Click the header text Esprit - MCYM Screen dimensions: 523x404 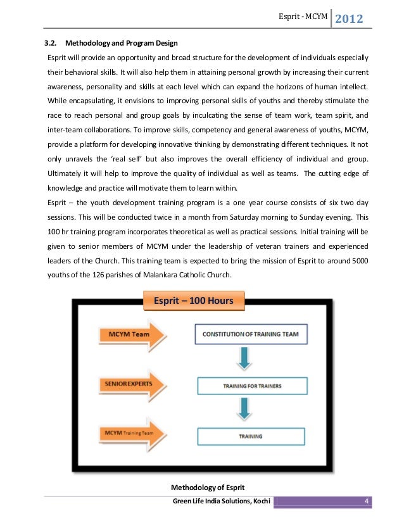click(303, 18)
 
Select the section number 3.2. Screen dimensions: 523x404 click(49, 44)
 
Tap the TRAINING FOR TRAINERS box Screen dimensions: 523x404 click(252, 385)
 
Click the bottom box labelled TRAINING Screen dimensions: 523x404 click(252, 436)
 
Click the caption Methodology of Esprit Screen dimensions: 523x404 click(208, 486)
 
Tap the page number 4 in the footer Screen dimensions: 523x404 click(366, 502)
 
